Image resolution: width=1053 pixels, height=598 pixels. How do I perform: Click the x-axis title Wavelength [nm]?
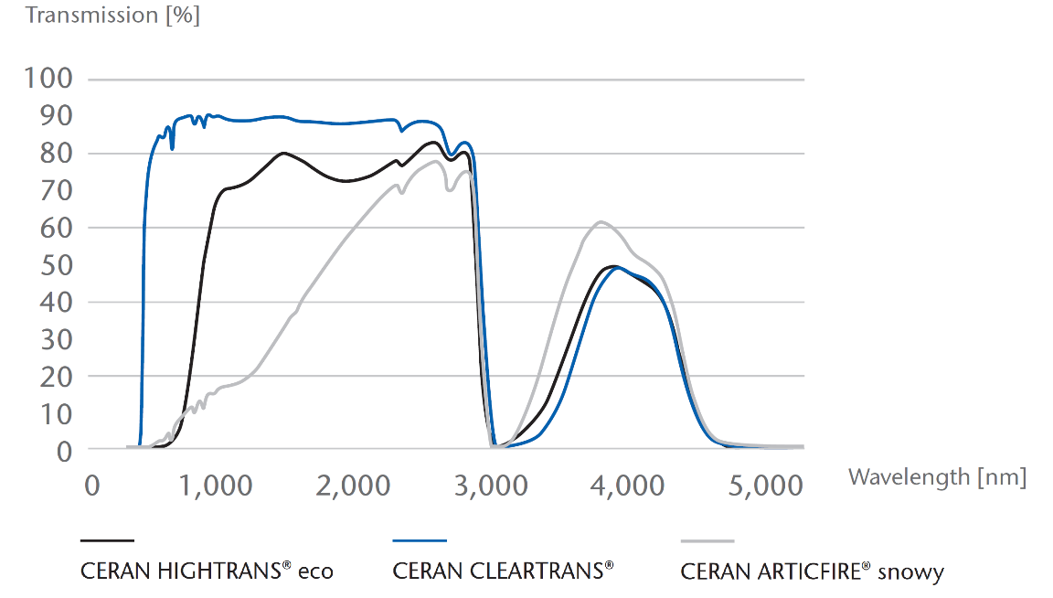[x=937, y=475]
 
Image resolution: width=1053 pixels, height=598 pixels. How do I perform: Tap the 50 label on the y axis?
[x=54, y=265]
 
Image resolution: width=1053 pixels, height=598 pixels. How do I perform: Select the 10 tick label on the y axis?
[x=54, y=414]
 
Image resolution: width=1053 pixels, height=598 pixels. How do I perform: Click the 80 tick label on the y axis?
[x=54, y=154]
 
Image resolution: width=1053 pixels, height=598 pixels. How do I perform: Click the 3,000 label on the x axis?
[x=490, y=486]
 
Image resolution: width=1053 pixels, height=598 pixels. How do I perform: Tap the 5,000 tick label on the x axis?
[x=766, y=486]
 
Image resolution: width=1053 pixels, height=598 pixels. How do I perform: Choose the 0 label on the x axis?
[x=91, y=486]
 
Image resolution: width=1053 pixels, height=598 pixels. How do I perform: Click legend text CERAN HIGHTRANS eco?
[x=207, y=571]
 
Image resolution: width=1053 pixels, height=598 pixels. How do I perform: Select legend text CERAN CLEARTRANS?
[x=503, y=571]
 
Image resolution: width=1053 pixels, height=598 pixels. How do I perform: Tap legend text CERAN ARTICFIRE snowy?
[x=812, y=572]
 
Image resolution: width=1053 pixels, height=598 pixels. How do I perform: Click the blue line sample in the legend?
[x=420, y=541]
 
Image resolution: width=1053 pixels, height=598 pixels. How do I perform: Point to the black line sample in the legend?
[x=108, y=541]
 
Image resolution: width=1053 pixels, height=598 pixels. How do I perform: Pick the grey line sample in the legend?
[x=707, y=541]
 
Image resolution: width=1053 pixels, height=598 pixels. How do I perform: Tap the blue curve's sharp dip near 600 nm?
[x=173, y=147]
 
